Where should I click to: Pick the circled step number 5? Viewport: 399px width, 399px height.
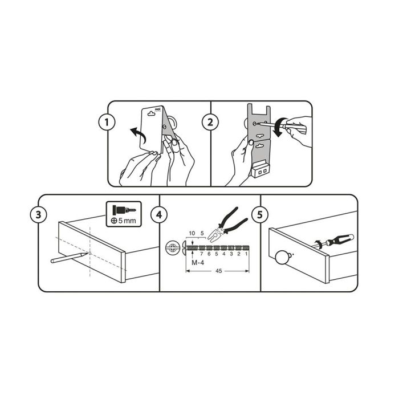[x=260, y=215]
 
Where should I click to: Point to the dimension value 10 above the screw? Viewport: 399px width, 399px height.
[x=192, y=233]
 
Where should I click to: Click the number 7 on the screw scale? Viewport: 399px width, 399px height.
[x=201, y=254]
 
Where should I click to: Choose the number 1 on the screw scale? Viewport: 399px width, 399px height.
[x=246, y=254]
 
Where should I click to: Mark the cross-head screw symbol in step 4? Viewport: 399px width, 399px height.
[x=172, y=248]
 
